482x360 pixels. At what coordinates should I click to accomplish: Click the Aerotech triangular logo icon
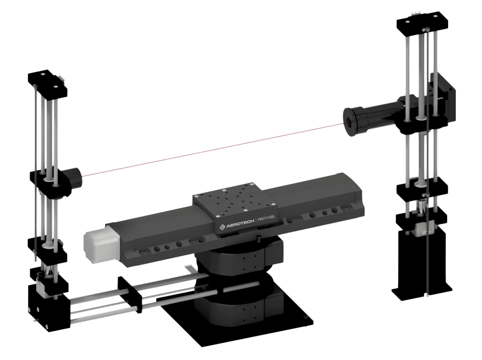click(222, 227)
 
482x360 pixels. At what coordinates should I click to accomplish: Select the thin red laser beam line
click(214, 150)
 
